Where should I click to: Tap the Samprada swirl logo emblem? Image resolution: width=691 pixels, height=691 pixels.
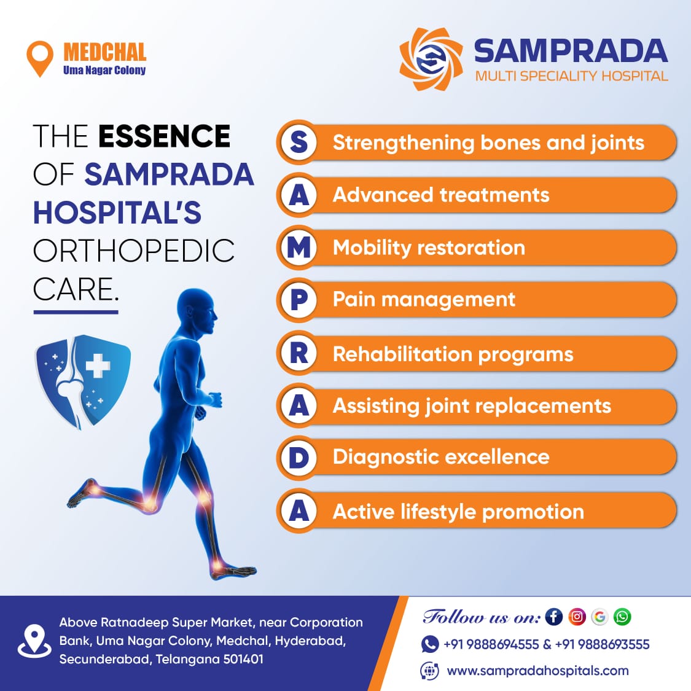[x=431, y=59]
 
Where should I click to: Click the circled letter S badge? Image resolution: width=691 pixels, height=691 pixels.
[x=299, y=142]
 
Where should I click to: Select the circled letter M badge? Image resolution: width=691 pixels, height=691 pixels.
[x=299, y=248]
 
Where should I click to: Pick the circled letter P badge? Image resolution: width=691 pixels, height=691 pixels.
[x=299, y=300]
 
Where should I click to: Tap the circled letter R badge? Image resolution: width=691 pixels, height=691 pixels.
[x=299, y=353]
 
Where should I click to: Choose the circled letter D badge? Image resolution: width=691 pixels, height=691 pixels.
[x=299, y=458]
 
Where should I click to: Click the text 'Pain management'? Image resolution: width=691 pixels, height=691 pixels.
[x=424, y=300]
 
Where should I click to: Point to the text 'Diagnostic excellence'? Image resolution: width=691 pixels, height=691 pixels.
[x=441, y=457]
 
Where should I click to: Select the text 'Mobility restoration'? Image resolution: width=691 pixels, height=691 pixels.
[x=429, y=248]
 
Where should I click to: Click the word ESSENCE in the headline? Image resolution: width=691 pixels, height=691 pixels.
[x=165, y=136]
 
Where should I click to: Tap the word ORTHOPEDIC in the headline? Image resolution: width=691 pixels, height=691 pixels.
[x=133, y=251]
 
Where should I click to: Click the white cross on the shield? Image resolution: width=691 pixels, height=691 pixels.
[x=98, y=364]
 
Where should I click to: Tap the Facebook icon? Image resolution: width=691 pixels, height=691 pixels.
[x=554, y=617]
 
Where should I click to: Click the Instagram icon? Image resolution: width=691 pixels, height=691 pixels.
[x=577, y=617]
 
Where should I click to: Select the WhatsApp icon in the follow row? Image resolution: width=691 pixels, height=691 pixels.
[x=622, y=617]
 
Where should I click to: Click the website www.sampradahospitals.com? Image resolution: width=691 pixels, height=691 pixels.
[x=537, y=671]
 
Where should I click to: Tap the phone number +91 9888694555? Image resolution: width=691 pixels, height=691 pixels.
[x=491, y=644]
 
